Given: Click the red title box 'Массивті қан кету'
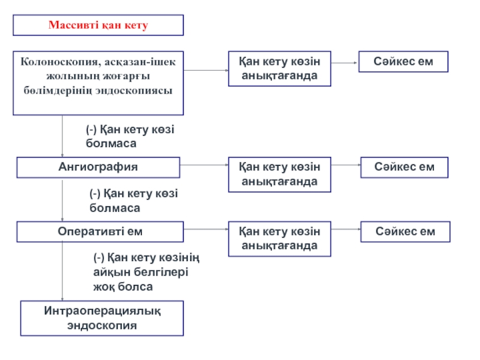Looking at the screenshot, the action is click(x=98, y=25).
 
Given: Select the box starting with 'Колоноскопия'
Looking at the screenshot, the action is click(x=98, y=83).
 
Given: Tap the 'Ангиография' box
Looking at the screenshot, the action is click(x=98, y=167).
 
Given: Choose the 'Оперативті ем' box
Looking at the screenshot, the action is click(x=100, y=232).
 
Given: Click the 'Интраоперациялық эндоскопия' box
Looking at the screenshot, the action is click(x=102, y=319).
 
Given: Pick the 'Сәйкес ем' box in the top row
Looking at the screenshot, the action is click(x=403, y=62).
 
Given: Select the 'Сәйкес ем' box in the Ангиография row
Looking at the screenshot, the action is click(x=404, y=167).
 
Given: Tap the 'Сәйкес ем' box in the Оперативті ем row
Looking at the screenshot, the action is click(x=406, y=232).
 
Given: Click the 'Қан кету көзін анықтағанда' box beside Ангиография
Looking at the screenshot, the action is click(x=280, y=175).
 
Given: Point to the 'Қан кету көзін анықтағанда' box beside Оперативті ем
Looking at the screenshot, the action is click(x=280, y=239).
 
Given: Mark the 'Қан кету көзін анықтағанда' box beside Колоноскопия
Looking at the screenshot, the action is click(x=280, y=68).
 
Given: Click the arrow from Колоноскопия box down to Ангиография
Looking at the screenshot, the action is click(x=62, y=136).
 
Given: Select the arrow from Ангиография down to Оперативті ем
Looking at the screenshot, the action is click(x=62, y=200).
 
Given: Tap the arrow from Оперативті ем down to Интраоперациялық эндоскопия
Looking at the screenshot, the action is click(x=62, y=271).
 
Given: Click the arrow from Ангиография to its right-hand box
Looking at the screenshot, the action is click(x=204, y=165).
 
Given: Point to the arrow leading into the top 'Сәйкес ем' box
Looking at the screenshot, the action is click(x=344, y=63).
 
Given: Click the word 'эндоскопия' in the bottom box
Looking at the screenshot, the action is click(x=102, y=325).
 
